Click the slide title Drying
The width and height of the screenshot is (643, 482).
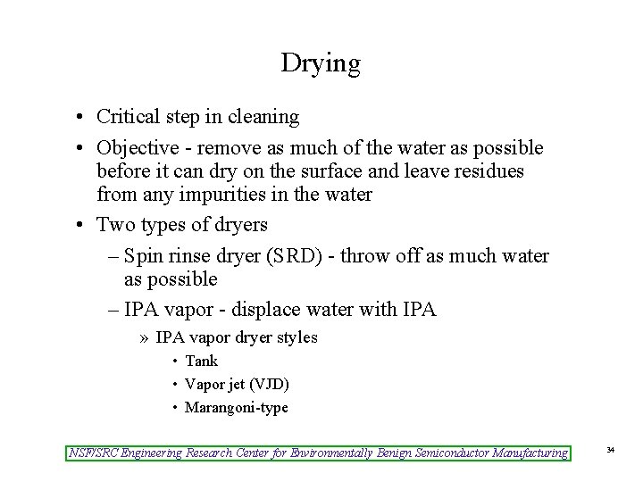point(321,63)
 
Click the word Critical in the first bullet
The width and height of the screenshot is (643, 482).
point(126,116)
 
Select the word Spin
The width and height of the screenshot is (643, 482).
point(143,256)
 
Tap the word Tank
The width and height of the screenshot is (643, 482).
point(201,361)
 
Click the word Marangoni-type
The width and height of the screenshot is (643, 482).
point(236,407)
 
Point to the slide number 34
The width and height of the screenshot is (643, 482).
point(611,452)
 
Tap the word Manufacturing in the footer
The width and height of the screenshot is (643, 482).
point(522,453)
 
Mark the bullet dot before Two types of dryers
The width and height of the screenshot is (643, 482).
point(79,225)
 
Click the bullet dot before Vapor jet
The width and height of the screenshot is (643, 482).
point(174,385)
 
